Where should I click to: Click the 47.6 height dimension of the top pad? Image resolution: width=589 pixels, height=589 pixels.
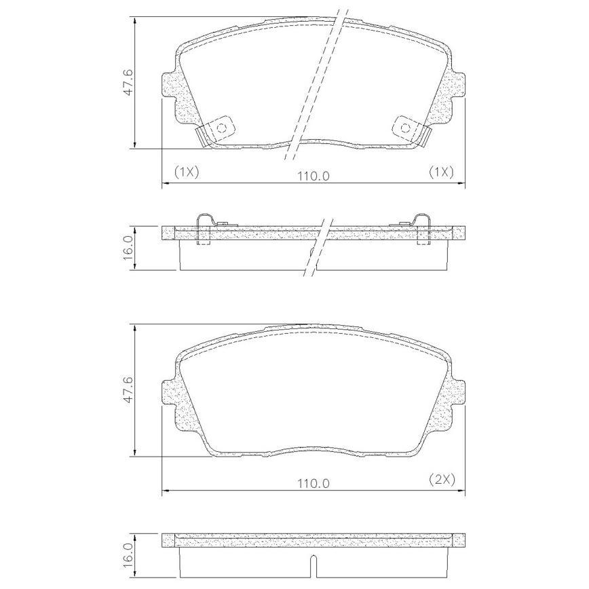pos(128,82)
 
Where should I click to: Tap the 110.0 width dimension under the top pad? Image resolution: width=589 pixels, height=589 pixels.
pos(313,176)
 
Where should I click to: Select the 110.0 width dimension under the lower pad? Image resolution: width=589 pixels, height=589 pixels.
pos(313,483)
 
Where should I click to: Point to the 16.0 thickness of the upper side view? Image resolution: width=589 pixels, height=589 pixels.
pos(128,248)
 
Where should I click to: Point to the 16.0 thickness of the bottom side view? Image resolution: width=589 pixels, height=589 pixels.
pos(128,556)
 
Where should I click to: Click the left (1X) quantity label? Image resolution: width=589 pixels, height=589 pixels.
pos(186,172)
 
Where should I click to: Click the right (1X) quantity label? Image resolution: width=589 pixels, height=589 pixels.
pos(441,172)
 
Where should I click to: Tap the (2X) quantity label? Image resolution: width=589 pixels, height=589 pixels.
pos(441,480)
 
